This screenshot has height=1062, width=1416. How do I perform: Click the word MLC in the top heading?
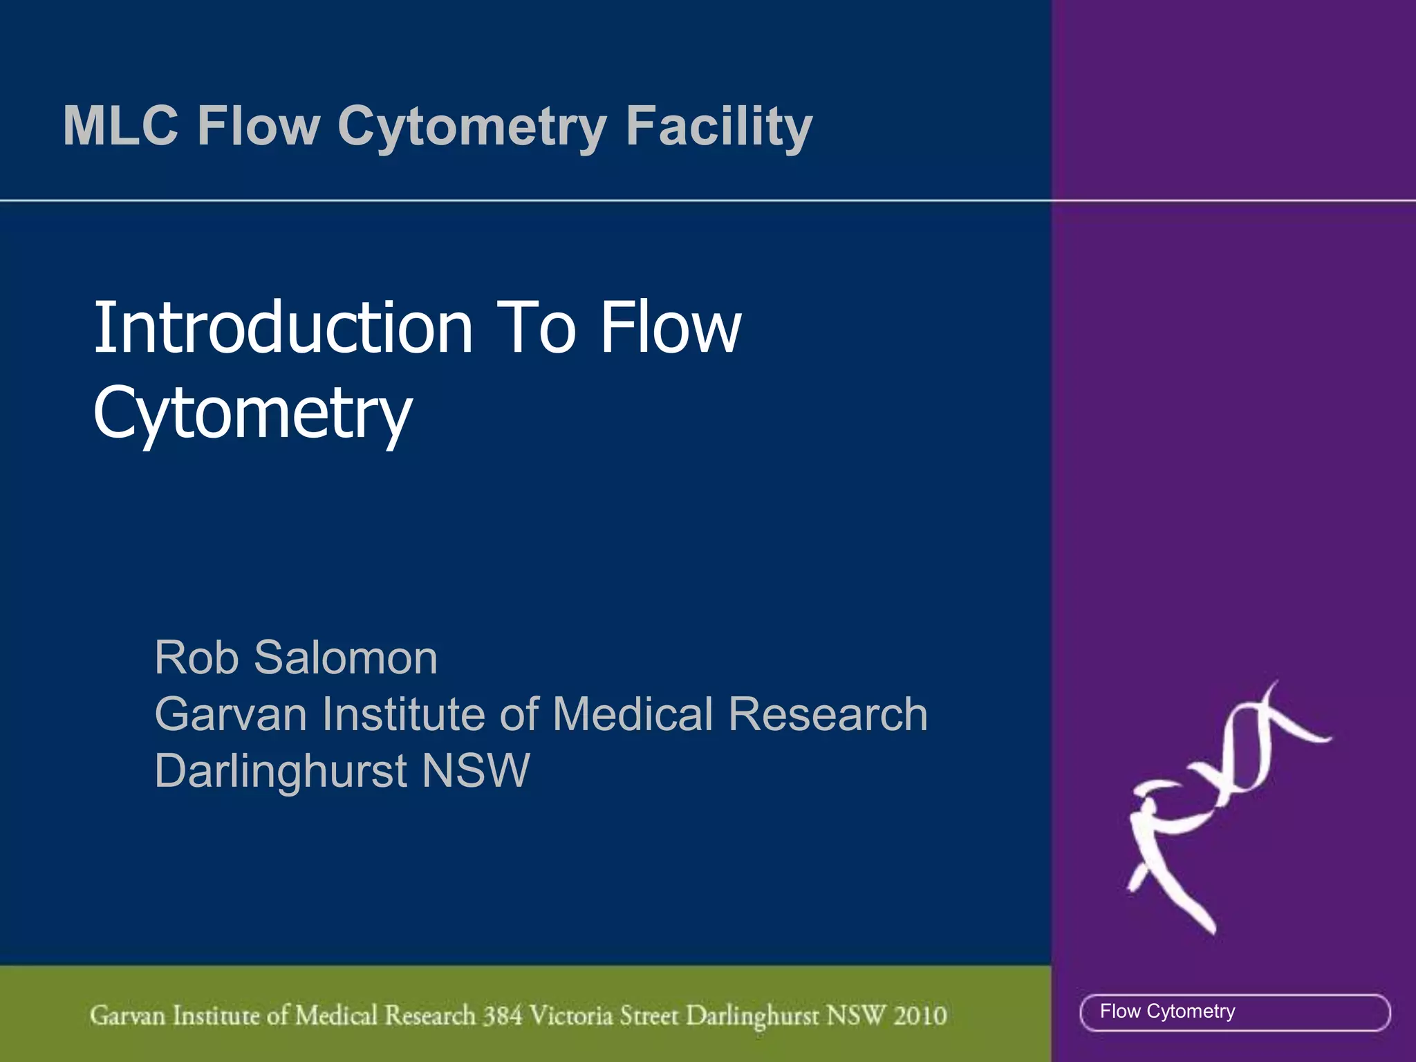[x=120, y=126]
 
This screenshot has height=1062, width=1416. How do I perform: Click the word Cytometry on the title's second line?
[x=252, y=413]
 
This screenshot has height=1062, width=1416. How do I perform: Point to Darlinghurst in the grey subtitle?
[x=281, y=771]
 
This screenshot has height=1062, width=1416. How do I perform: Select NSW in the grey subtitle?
[x=476, y=771]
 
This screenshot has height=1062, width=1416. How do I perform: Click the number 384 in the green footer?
[x=503, y=1015]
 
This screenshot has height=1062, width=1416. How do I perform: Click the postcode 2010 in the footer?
[x=920, y=1015]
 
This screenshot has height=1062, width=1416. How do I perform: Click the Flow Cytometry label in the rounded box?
[x=1167, y=1012]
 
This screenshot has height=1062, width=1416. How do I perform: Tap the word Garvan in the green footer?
[x=128, y=1015]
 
